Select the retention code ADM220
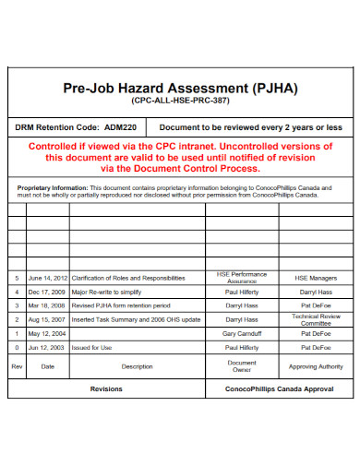pyautogui.click(x=120, y=126)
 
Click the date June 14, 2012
pyautogui.click(x=48, y=277)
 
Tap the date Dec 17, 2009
pyautogui.click(x=47, y=291)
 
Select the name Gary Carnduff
pyautogui.click(x=241, y=333)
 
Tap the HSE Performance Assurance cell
pyautogui.click(x=241, y=277)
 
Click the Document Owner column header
pyautogui.click(x=241, y=366)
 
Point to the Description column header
pyautogui.click(x=137, y=366)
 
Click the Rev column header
pyautogui.click(x=16, y=366)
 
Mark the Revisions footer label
pyautogui.click(x=106, y=389)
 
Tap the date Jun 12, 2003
pyautogui.click(x=47, y=347)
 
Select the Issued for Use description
pyautogui.click(x=92, y=347)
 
